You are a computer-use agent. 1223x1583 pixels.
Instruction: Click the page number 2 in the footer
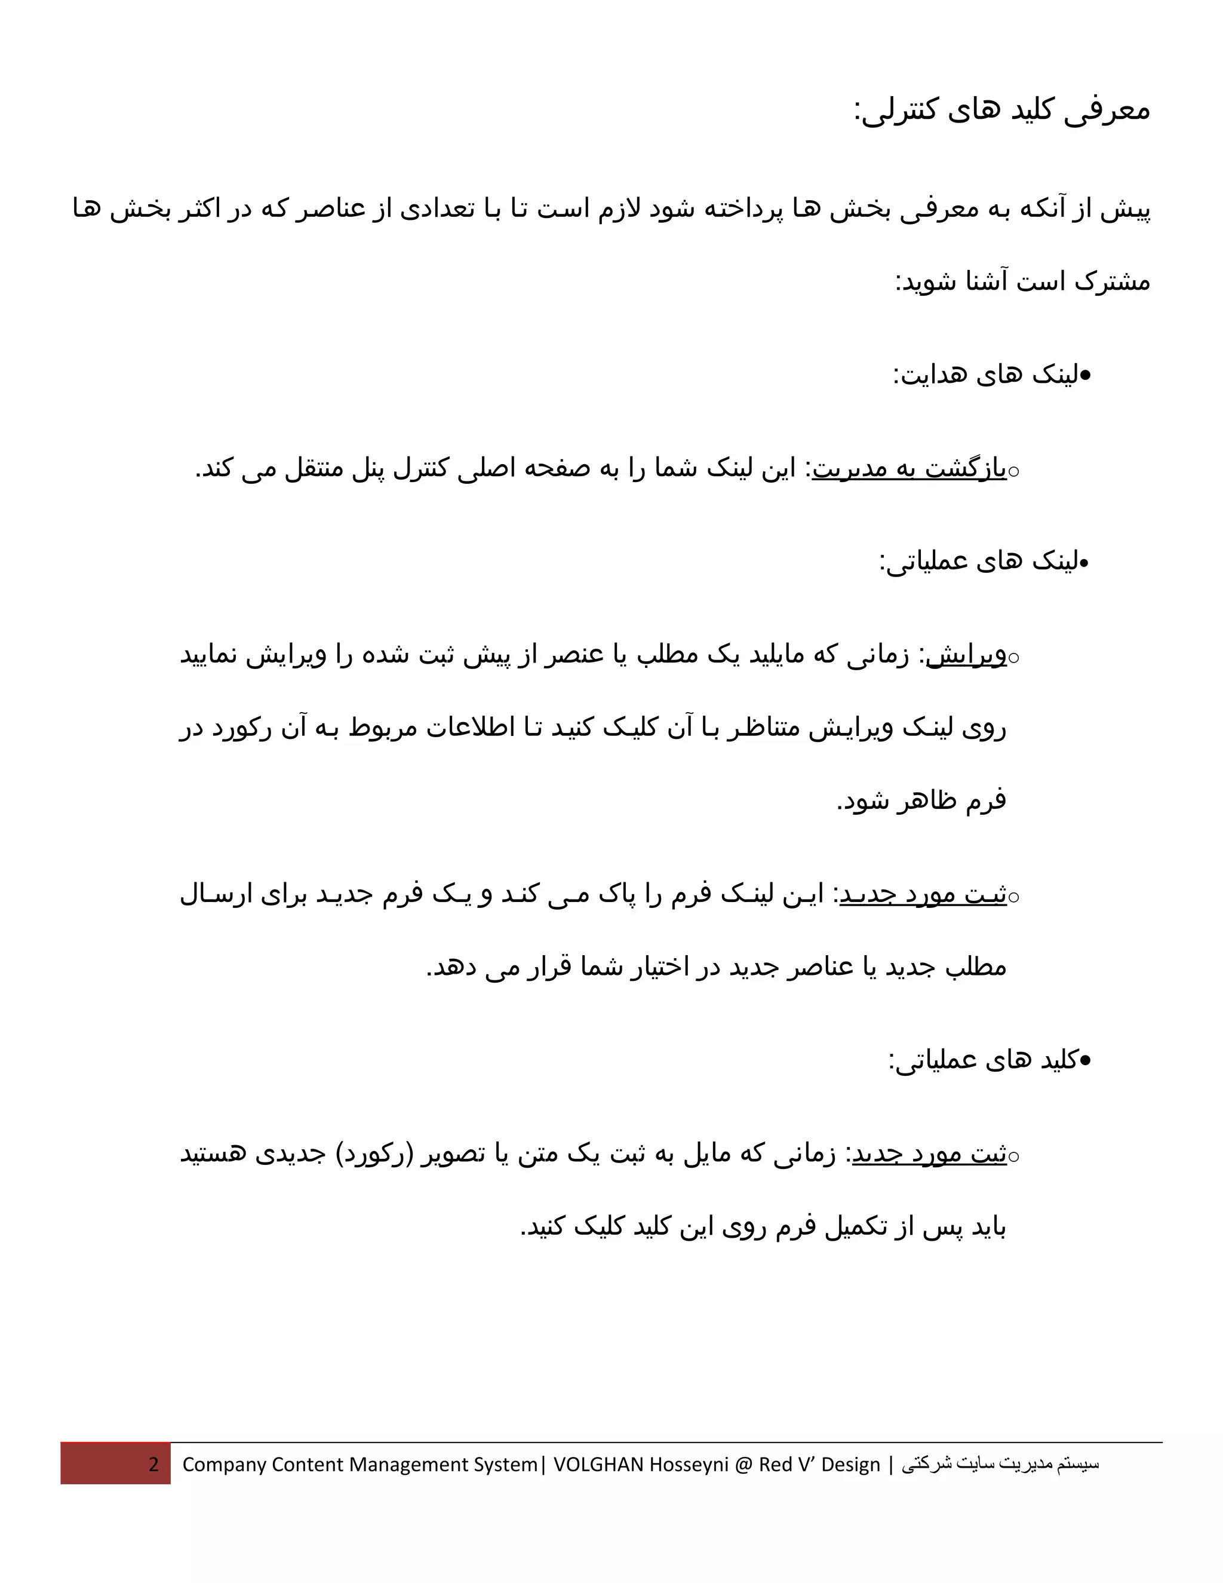pos(153,1464)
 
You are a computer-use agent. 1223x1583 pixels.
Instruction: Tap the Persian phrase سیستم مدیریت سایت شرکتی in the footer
pos(1000,1464)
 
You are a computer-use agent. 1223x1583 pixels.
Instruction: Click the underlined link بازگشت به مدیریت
pos(909,469)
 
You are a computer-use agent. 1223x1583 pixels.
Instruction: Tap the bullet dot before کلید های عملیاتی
pos(1084,1061)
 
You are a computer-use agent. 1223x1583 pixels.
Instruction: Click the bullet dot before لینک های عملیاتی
pos(1084,562)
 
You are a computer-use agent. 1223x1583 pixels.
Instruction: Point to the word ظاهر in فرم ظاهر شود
pos(928,801)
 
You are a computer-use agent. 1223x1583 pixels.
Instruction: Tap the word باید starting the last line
pos(985,1227)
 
